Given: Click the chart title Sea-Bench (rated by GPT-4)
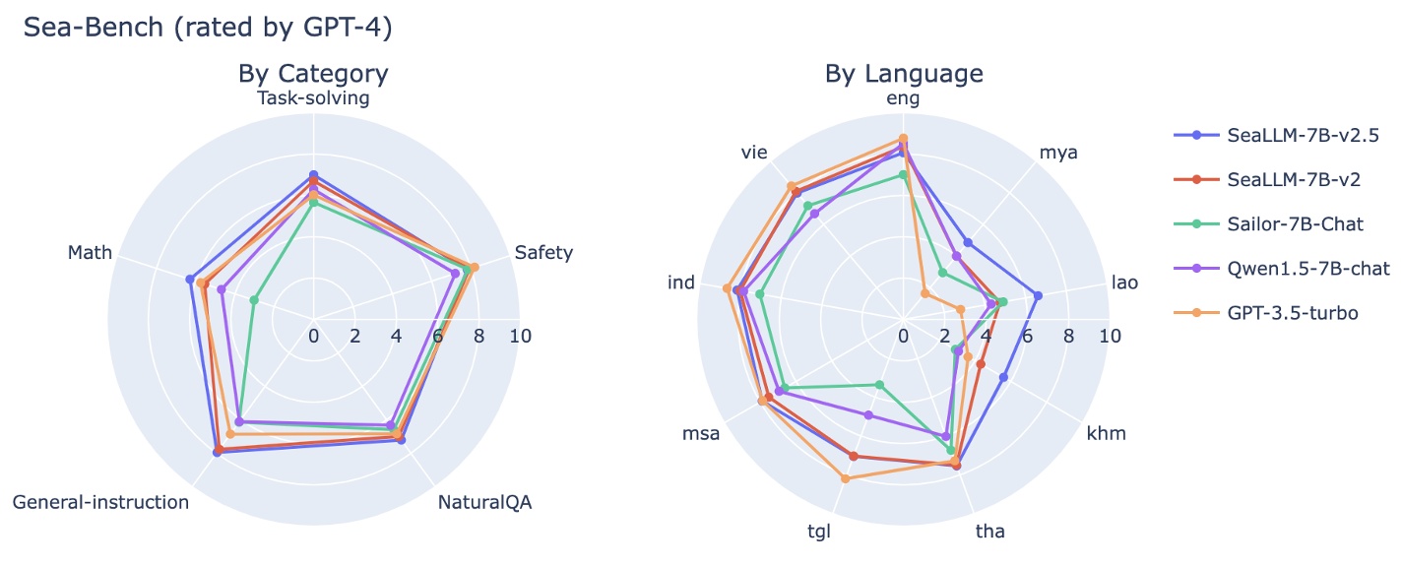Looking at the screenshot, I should [208, 29].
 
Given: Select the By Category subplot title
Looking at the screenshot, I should [313, 74].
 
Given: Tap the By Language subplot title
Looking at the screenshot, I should [903, 74].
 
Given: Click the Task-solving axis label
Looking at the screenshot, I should [313, 98].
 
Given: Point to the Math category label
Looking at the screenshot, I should [90, 254].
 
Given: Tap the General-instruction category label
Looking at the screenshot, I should [100, 503].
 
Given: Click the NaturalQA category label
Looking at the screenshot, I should [484, 503].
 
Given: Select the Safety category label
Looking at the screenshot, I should [543, 254].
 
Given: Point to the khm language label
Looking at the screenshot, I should [1106, 434].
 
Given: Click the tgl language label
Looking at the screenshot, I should [819, 533].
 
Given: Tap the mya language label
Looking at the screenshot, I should [1058, 153].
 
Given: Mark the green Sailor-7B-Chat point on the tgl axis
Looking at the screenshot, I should [880, 385].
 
